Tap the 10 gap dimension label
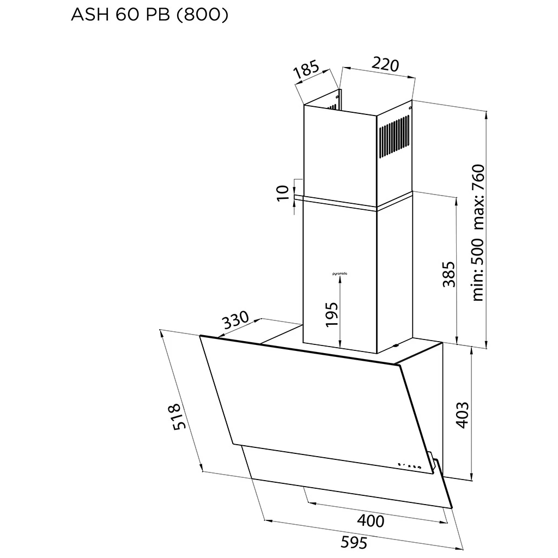coord(283,193)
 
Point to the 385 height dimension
coord(448,274)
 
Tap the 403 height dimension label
coord(462,415)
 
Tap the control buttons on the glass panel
coord(410,466)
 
